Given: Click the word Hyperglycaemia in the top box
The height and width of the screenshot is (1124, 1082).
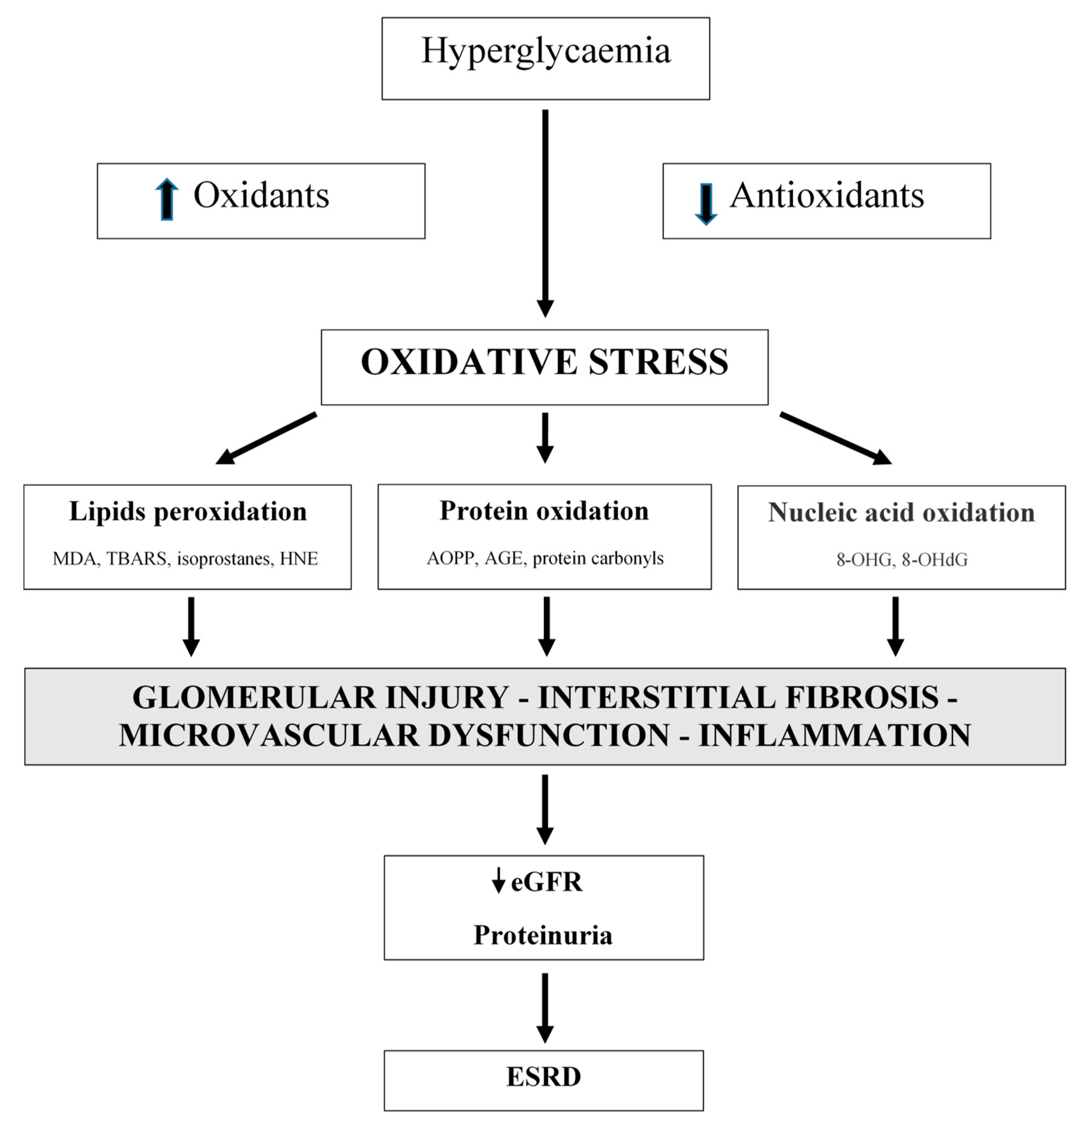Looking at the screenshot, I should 545,52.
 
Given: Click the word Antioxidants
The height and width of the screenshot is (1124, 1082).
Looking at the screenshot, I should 826,196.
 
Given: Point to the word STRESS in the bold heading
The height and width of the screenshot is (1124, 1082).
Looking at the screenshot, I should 658,363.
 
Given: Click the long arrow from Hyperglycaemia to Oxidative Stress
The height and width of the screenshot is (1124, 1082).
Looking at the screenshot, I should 545,212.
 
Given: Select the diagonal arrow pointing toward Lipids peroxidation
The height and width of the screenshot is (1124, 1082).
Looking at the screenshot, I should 265,438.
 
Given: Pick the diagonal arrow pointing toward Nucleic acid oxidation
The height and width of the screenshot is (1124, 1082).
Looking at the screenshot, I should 835,438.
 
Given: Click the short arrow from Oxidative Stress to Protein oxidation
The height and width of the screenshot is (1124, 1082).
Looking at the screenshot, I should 545,437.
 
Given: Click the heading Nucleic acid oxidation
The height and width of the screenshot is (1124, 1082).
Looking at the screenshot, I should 901,513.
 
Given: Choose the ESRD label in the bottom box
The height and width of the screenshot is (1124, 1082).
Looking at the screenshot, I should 543,1076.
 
